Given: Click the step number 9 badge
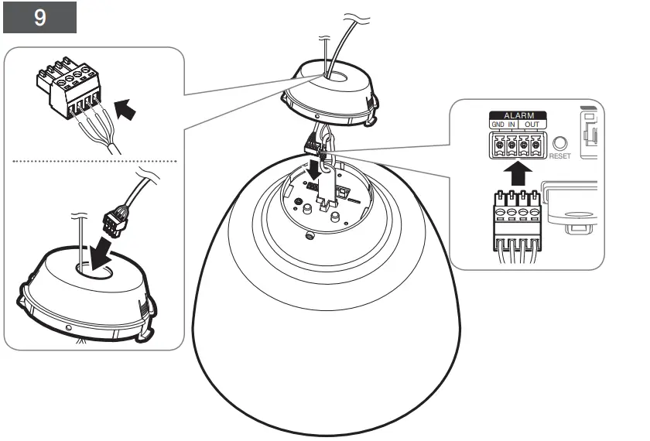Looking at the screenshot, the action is (39, 18).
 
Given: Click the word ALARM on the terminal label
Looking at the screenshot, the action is (517, 115).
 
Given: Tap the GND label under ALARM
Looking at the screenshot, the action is (498, 125).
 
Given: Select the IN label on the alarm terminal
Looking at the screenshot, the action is (511, 125).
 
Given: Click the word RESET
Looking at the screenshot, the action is (559, 156).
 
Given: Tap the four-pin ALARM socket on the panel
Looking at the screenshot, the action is (516, 144).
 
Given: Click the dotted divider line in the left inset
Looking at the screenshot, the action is (93, 161).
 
